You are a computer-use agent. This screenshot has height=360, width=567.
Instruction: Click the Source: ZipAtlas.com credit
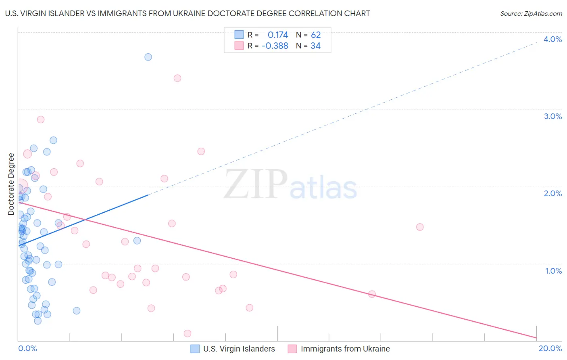coord(531,13)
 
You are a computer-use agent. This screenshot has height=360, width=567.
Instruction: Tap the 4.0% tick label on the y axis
coord(552,39)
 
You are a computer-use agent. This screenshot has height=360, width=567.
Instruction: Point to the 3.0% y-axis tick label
coord(552,116)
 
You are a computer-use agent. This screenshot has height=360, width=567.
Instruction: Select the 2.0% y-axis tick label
coord(552,193)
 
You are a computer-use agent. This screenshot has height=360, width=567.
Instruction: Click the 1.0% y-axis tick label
coord(553,271)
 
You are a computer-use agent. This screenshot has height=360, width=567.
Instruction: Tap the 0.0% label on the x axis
coord(27,348)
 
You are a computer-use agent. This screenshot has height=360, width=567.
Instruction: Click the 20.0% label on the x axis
coord(550,348)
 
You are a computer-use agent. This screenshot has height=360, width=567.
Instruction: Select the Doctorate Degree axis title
coord(11,184)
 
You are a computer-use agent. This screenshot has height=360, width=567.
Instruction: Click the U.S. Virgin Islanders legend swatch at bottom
coord(195,349)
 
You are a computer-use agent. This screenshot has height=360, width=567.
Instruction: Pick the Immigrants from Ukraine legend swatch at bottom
coord(292,349)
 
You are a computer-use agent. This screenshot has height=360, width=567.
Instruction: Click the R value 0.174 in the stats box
coord(278,35)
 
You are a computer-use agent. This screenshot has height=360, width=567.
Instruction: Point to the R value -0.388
coord(275,46)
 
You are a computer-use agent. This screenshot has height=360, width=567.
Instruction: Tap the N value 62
coord(316,35)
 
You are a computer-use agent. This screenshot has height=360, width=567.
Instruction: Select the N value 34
coord(315,46)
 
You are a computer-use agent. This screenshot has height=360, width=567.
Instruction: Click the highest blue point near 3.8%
coord(148,57)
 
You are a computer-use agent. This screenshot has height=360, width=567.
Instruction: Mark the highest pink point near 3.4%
coord(177,78)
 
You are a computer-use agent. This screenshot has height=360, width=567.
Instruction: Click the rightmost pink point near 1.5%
coord(420,227)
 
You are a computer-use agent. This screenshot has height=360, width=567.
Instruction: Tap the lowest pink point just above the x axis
coord(188,333)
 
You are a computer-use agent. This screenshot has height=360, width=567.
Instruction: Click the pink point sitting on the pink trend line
coord(372,294)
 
